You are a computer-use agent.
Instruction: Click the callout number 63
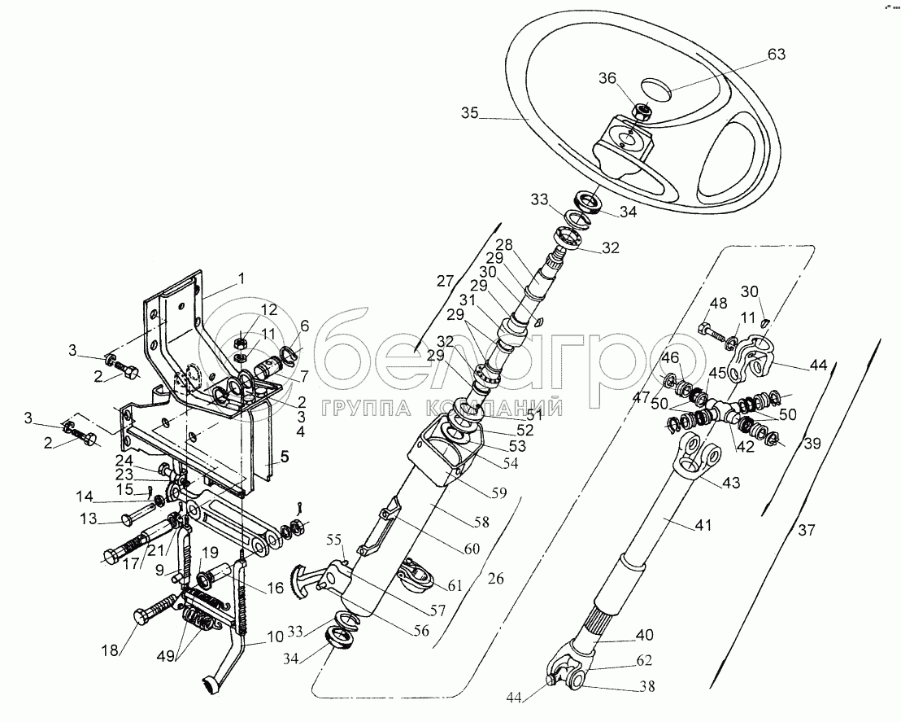pos(776,54)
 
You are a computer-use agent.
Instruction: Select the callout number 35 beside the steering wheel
pos(469,113)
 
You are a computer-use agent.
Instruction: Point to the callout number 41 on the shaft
pos(703,525)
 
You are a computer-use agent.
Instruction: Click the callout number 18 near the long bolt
pos(111,650)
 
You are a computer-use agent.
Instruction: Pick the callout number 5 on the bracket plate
pos(285,456)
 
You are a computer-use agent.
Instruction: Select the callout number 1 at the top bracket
pos(242,278)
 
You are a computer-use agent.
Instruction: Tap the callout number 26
pos(496,578)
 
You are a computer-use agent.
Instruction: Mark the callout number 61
pos(455,585)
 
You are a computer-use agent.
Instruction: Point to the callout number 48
pos(718,303)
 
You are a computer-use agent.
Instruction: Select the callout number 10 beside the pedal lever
pos(275,637)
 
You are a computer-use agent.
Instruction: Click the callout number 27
pos(445,282)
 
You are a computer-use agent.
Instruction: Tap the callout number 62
pos(644,660)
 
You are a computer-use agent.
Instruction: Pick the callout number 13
pos(88,519)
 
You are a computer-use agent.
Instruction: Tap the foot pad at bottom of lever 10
pos(208,685)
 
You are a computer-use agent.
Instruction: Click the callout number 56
pos(420,631)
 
